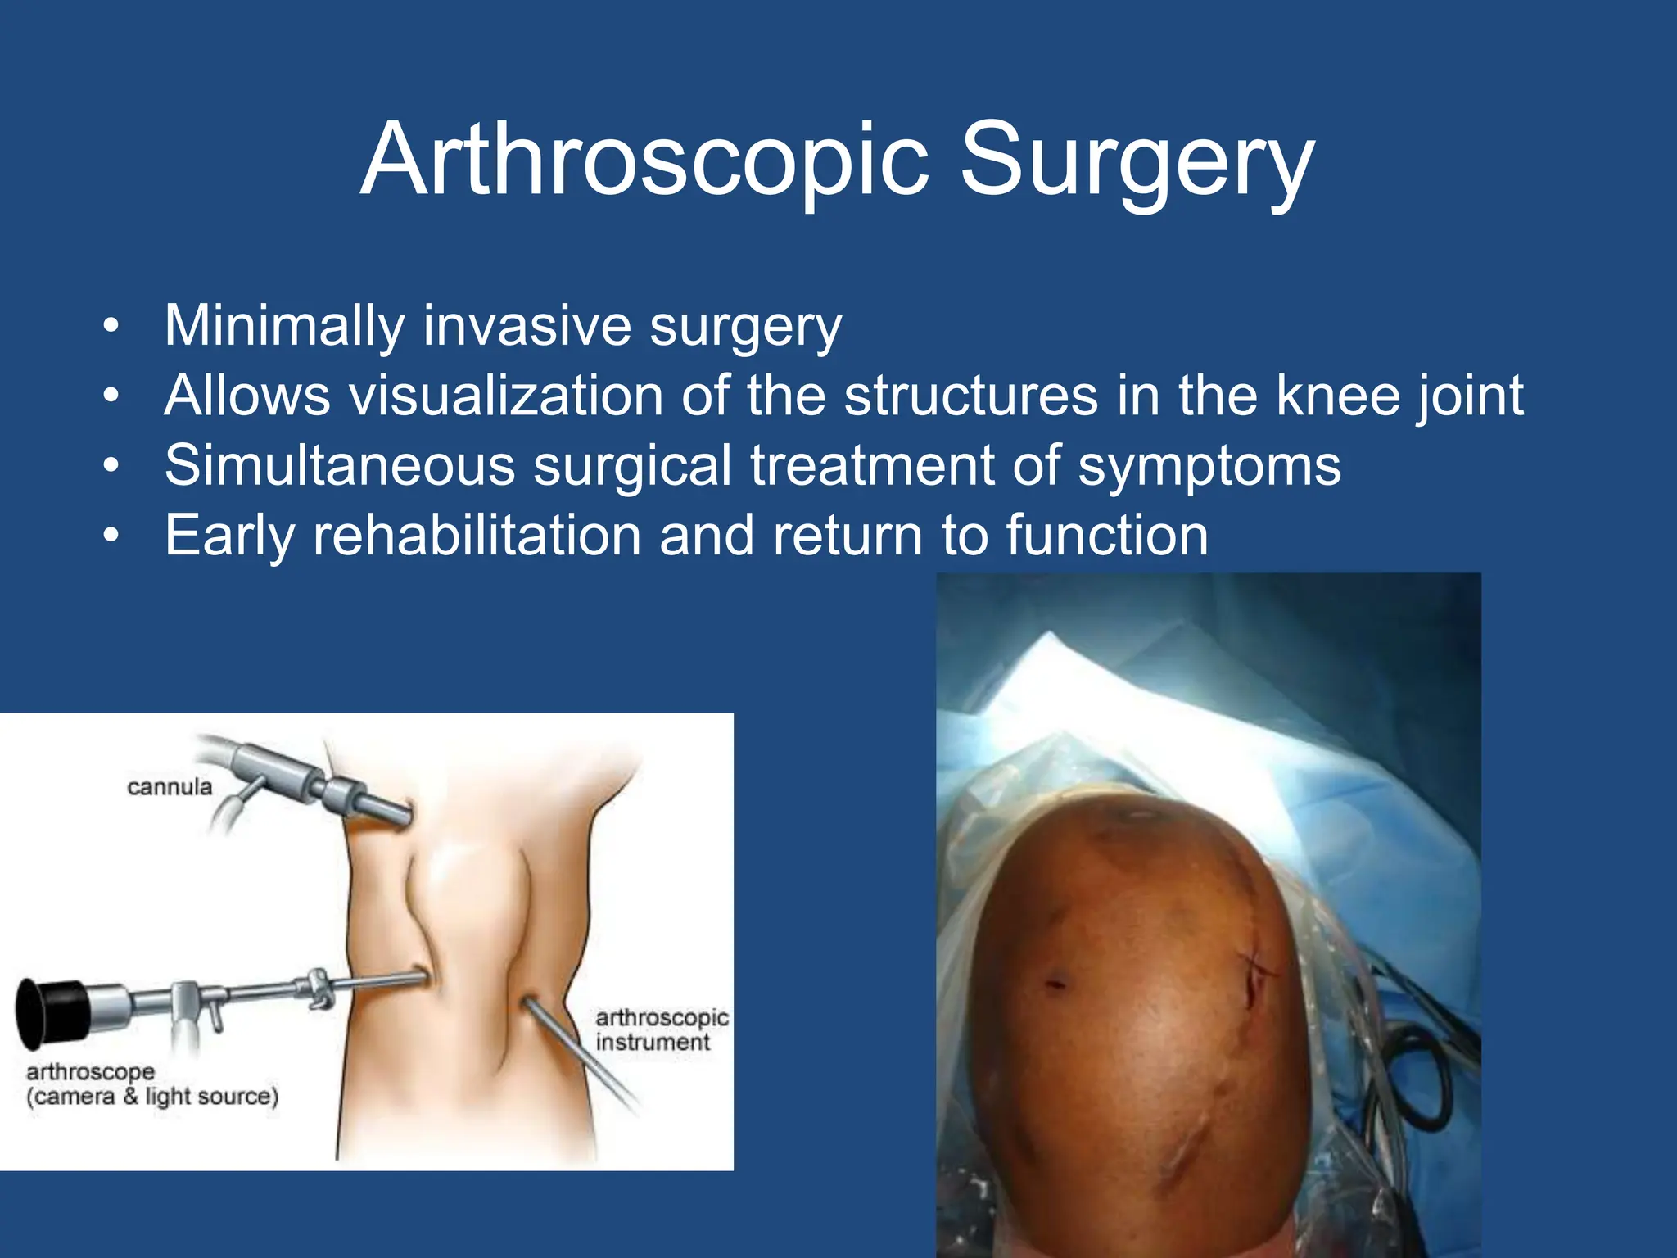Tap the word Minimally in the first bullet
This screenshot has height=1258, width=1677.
point(283,326)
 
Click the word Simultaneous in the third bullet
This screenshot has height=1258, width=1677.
point(339,466)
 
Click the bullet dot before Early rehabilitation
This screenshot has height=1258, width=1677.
point(111,536)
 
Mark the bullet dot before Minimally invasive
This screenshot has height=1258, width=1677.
point(111,327)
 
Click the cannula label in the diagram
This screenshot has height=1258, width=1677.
point(170,787)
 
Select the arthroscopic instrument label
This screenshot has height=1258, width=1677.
point(661,1029)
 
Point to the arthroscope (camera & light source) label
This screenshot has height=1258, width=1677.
point(151,1084)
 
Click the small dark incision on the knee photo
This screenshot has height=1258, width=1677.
point(1055,983)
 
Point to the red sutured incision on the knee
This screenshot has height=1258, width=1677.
point(1252,979)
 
